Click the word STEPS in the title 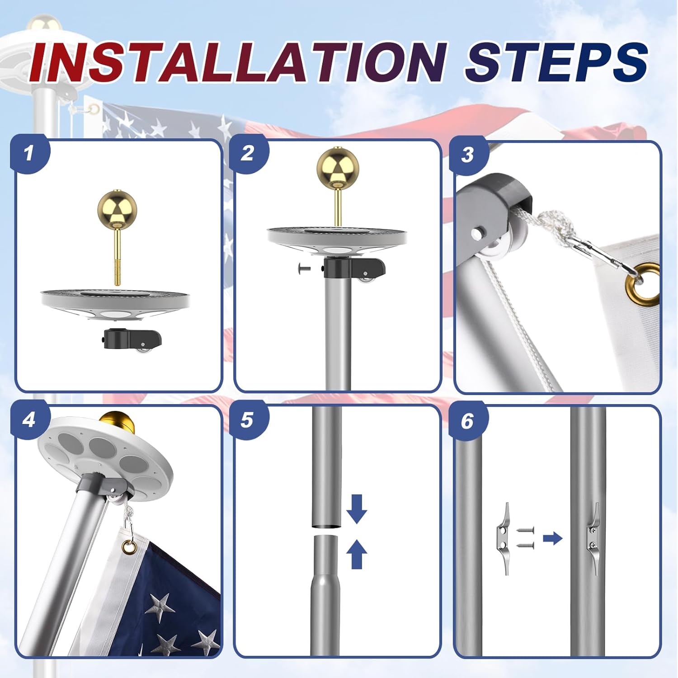coord(556,62)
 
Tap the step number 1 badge coord(29,153)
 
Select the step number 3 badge coord(467,155)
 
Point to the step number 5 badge coord(247,420)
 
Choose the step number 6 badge coord(467,421)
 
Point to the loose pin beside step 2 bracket coord(304,268)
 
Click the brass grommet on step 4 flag coord(130,546)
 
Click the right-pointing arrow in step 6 coord(552,538)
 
